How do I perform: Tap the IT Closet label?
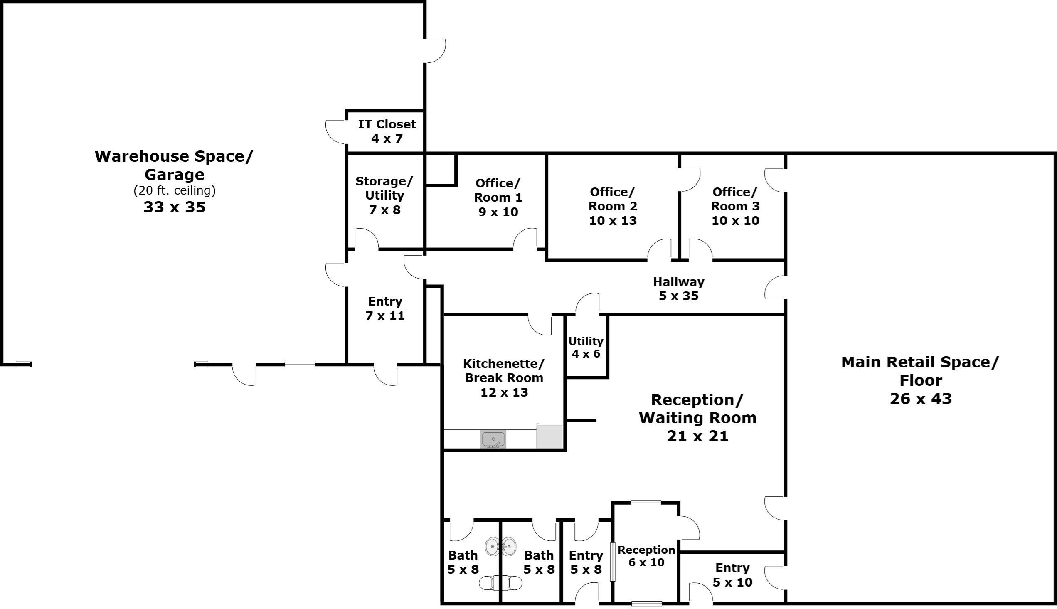(x=387, y=124)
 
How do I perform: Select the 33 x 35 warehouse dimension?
(x=174, y=207)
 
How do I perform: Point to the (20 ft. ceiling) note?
(x=174, y=191)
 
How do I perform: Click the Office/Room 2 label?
(x=613, y=199)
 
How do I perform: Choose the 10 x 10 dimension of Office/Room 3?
(x=735, y=220)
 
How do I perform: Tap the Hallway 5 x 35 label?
(x=678, y=288)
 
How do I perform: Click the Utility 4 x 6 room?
(x=586, y=347)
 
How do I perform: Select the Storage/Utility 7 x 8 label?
(x=384, y=195)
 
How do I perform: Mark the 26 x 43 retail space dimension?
(x=920, y=399)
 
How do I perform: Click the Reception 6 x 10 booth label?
(x=646, y=556)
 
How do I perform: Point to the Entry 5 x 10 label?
(x=732, y=574)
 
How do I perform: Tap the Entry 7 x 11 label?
(x=384, y=308)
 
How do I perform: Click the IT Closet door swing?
(x=336, y=131)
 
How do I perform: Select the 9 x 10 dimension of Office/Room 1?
(x=498, y=212)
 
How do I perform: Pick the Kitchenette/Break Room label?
(x=504, y=371)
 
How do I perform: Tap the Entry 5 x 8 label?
(x=585, y=562)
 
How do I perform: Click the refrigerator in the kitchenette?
(x=549, y=436)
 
